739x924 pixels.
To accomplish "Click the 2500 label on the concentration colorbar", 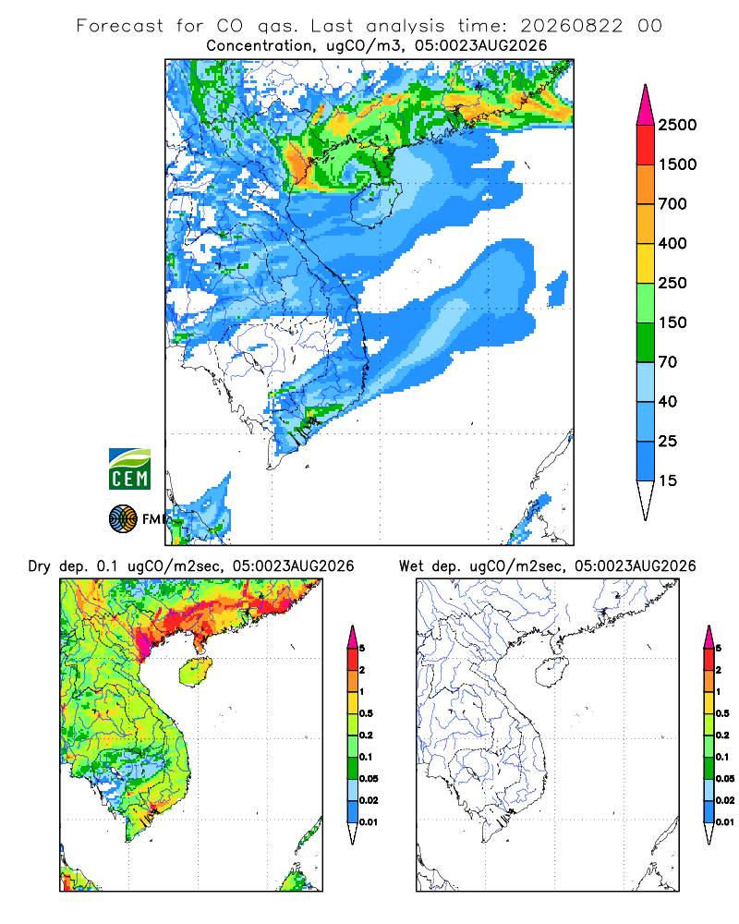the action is pos(677,125).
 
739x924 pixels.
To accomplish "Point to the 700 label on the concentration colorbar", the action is pos(672,204).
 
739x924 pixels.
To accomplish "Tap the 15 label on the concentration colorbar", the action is pos(668,480).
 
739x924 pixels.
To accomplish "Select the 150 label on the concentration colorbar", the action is pos(672,322).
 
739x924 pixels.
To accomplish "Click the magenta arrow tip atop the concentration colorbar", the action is pos(646,106).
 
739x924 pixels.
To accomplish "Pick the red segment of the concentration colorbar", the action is pos(646,145).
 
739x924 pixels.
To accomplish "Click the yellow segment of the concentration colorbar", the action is pos(646,263).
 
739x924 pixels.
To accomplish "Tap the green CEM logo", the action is pos(129,469).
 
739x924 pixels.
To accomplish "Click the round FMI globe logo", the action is pos(123,519).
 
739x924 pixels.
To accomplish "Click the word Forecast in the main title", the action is pos(120,26).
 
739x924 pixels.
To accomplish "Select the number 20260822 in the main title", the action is pos(571,26).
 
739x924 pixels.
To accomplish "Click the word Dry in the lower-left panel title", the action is pos(40,566).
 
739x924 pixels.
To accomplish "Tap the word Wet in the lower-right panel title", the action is pos(410,565).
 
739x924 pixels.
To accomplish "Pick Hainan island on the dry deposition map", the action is pos(195,673).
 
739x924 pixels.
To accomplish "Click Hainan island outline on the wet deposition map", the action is pos(551,673).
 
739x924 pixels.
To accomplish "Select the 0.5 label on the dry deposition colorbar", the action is pos(366,713).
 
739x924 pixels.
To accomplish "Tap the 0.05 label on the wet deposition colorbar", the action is pos(725,778).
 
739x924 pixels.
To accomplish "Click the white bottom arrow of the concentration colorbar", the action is pos(646,498).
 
